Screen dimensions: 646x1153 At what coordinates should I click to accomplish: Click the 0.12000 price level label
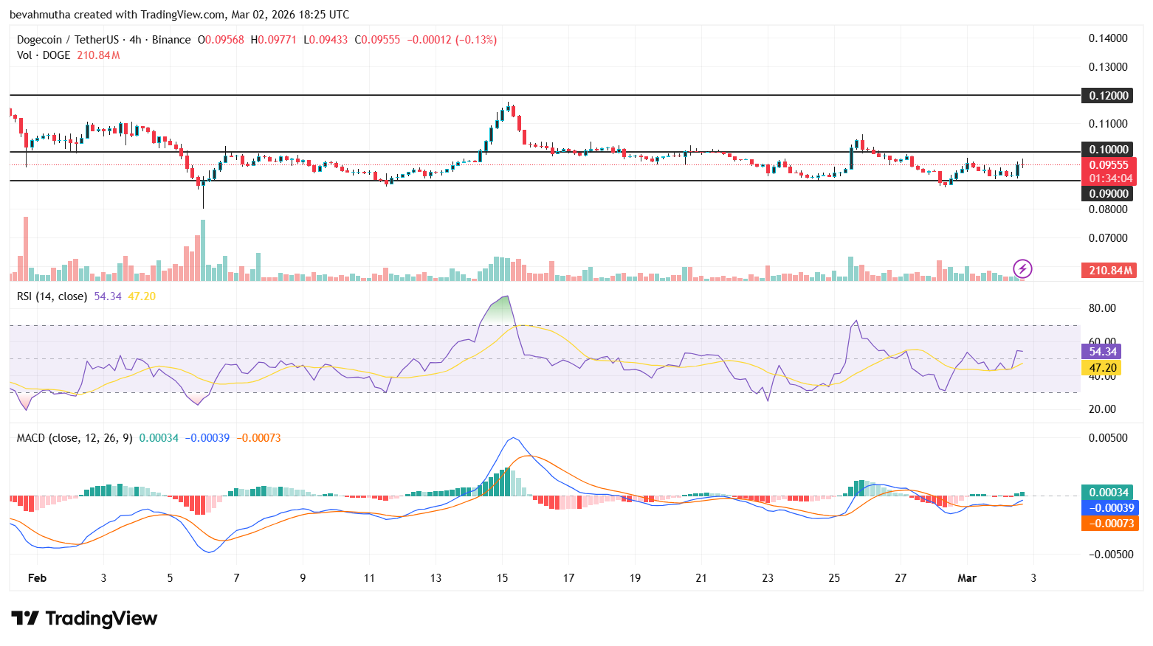1108,96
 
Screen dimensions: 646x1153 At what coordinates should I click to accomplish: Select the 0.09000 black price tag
1108,194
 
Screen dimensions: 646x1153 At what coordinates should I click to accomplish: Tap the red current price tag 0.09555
1109,165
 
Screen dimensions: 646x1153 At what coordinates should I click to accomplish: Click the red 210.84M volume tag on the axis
1109,271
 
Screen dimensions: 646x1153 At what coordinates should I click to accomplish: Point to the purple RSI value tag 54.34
1102,352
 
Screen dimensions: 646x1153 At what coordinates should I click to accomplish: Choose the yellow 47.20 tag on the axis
1102,368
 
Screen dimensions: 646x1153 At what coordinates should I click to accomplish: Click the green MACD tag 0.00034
1109,493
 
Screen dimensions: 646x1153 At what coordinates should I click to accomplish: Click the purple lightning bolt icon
1022,268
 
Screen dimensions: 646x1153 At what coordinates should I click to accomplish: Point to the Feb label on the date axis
37,578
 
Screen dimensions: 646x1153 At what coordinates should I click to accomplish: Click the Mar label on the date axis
966,578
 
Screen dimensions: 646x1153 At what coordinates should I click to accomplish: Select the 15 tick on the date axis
502,578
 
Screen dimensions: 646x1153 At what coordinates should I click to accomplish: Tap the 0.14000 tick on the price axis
1108,38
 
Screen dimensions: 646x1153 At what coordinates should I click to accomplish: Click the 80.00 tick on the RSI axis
1102,308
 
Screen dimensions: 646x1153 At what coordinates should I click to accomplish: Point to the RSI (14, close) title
52,296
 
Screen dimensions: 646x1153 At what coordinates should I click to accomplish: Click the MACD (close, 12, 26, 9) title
75,438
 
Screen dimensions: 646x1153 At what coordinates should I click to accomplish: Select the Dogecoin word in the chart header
39,40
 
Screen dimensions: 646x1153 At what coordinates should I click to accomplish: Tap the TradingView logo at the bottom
84,619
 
